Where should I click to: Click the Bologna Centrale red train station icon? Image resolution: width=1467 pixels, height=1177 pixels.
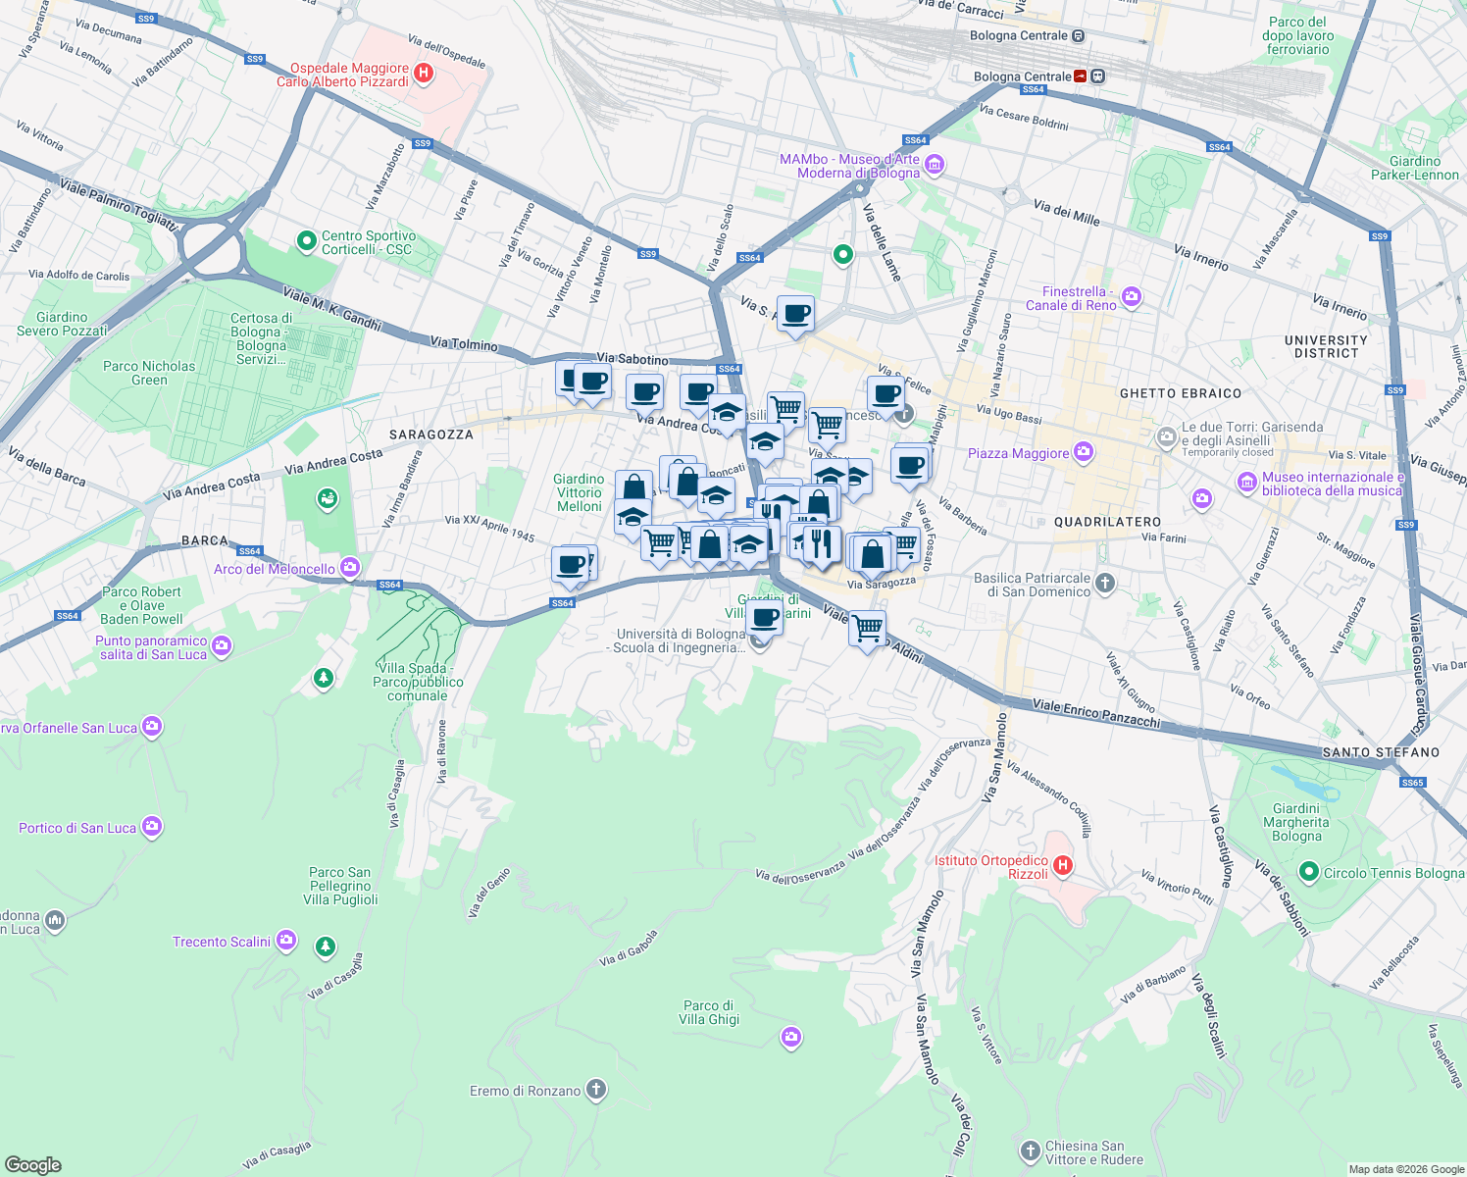tap(1081, 77)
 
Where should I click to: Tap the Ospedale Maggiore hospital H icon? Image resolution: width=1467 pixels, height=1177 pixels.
tap(424, 74)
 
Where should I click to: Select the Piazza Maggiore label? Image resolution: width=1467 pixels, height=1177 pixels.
tap(1018, 453)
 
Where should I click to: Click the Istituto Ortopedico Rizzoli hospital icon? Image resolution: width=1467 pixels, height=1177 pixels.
tap(1063, 866)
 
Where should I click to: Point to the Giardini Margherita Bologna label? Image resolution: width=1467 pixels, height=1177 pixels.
tap(1296, 823)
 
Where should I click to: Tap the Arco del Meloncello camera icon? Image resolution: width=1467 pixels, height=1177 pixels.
tap(350, 568)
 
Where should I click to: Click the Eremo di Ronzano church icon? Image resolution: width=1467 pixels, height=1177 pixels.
tap(595, 1090)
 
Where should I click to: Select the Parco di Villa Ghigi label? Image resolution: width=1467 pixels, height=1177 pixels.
tap(708, 1012)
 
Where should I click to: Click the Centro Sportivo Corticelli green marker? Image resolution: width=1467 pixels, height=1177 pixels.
tap(307, 240)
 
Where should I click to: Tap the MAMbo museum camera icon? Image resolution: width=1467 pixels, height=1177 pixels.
tap(935, 165)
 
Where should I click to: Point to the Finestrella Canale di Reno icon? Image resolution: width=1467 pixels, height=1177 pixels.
tap(1132, 297)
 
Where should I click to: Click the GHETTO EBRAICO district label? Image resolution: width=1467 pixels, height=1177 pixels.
tap(1181, 393)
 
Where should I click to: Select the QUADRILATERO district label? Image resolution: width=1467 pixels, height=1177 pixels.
tap(1107, 522)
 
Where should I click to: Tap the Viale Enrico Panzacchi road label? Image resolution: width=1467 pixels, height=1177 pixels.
tap(1096, 713)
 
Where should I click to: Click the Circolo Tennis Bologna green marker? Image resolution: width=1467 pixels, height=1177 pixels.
tap(1308, 872)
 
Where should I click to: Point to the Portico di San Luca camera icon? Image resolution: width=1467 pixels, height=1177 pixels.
tap(151, 827)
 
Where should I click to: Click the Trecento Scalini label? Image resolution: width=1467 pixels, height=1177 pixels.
tap(222, 942)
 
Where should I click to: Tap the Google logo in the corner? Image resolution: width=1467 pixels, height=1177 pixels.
tap(32, 1165)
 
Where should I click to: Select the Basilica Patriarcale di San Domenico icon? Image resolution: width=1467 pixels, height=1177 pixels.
tap(1105, 584)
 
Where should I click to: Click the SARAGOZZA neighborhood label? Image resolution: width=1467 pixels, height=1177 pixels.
tap(431, 435)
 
